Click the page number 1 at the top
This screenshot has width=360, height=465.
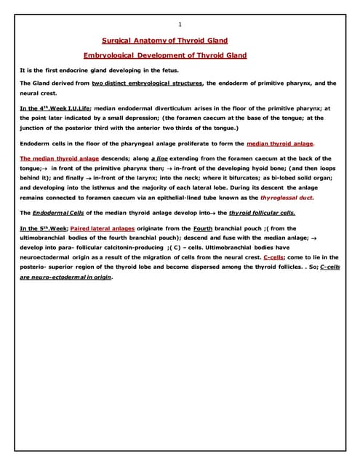180,25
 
